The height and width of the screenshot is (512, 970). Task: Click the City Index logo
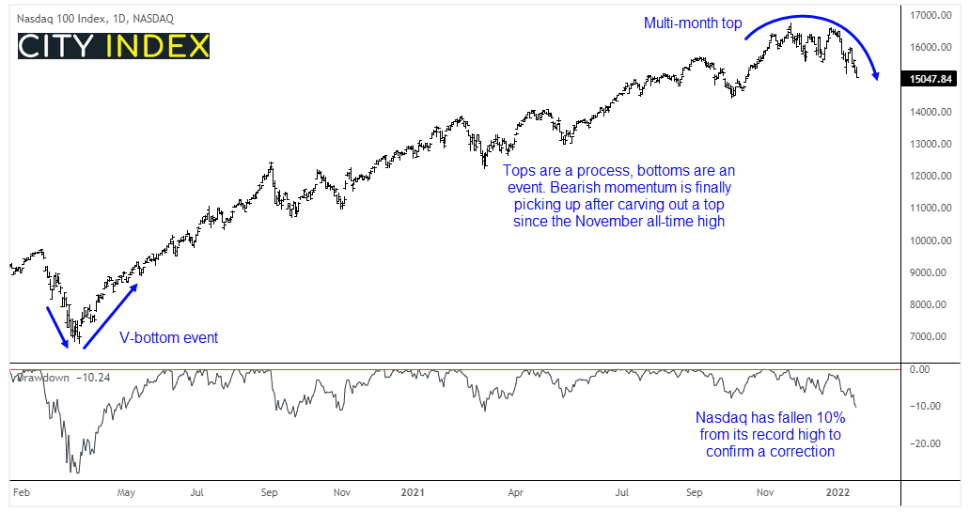[114, 46]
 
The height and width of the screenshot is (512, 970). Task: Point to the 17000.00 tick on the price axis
[928, 16]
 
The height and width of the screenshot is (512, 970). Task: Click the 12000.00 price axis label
[928, 177]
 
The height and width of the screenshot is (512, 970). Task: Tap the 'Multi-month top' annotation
[693, 22]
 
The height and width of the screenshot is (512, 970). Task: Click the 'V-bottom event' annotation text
[168, 337]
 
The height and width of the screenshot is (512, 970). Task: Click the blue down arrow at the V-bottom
[57, 325]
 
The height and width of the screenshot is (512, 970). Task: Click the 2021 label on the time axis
[415, 491]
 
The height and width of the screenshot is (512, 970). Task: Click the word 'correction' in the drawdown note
[801, 452]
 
